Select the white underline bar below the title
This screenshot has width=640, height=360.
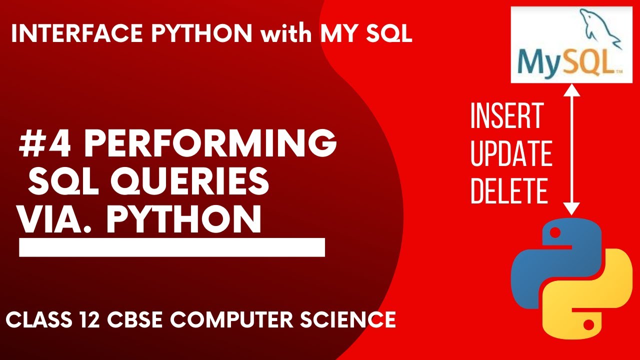click(172, 247)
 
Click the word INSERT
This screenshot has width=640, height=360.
click(506, 116)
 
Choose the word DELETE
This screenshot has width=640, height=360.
click(508, 191)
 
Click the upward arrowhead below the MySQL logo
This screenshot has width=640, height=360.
click(571, 90)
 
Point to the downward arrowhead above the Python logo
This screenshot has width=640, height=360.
click(571, 209)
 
